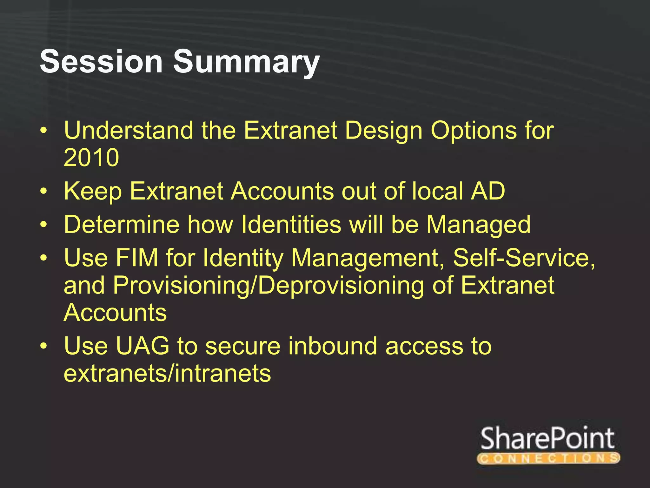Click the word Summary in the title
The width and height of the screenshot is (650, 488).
(246, 62)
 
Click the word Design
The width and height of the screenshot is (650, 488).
(383, 131)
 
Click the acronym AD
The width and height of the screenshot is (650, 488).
(487, 191)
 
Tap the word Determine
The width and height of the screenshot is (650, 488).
(122, 224)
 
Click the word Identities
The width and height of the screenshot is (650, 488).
(291, 224)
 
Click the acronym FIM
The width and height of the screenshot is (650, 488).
(136, 258)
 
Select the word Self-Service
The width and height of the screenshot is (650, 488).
(523, 258)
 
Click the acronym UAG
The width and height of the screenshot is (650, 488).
(142, 346)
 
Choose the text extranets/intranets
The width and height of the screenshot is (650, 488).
(167, 374)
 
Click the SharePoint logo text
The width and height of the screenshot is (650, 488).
(547, 439)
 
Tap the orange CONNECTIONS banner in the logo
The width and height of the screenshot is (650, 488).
(548, 458)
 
